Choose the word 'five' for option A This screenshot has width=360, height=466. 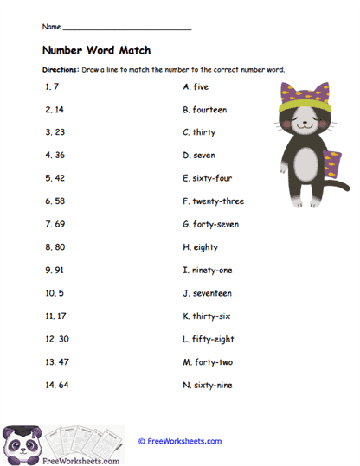[x=202, y=86]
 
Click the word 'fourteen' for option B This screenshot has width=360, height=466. [x=212, y=110]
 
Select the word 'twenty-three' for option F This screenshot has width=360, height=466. [x=219, y=201]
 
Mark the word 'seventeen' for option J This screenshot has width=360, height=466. [x=214, y=293]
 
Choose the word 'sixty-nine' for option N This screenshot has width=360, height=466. [x=214, y=385]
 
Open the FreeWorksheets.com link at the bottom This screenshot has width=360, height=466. [x=179, y=441]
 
